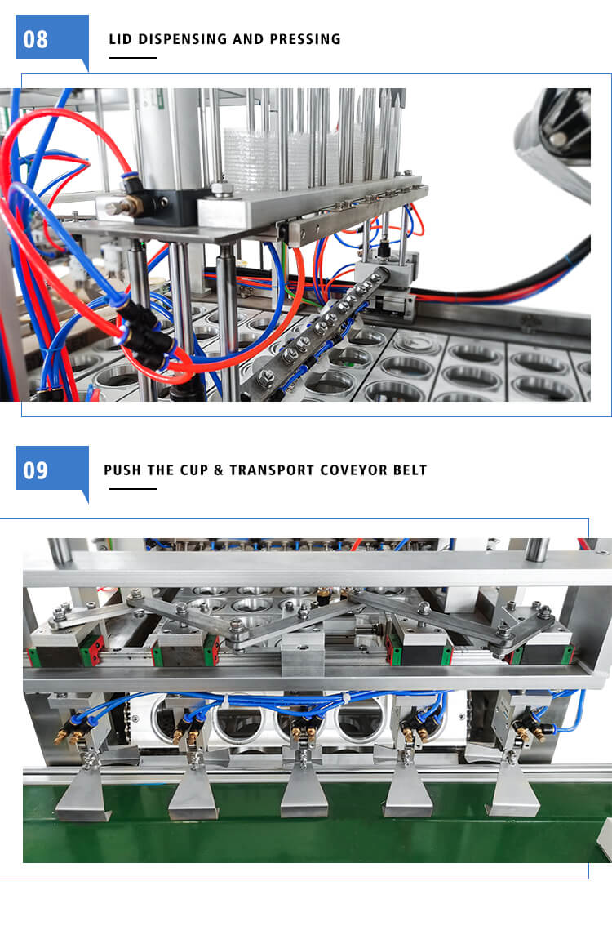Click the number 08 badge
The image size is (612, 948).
pyautogui.click(x=52, y=38)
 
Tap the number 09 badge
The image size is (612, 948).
pyautogui.click(x=52, y=470)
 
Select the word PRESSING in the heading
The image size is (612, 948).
pyautogui.click(x=305, y=39)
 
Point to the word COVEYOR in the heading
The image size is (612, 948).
pyautogui.click(x=354, y=470)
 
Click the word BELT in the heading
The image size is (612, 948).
pyautogui.click(x=410, y=470)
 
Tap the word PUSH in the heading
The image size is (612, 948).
pyautogui.click(x=122, y=470)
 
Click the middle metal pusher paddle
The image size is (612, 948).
pyautogui.click(x=304, y=790)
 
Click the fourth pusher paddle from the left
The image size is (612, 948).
pyautogui.click(x=408, y=789)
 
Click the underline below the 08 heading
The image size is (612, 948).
pyautogui.click(x=133, y=58)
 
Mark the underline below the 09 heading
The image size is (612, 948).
pyautogui.click(x=133, y=488)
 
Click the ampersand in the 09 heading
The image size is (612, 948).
pyautogui.click(x=219, y=470)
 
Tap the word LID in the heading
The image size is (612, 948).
pyautogui.click(x=120, y=39)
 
